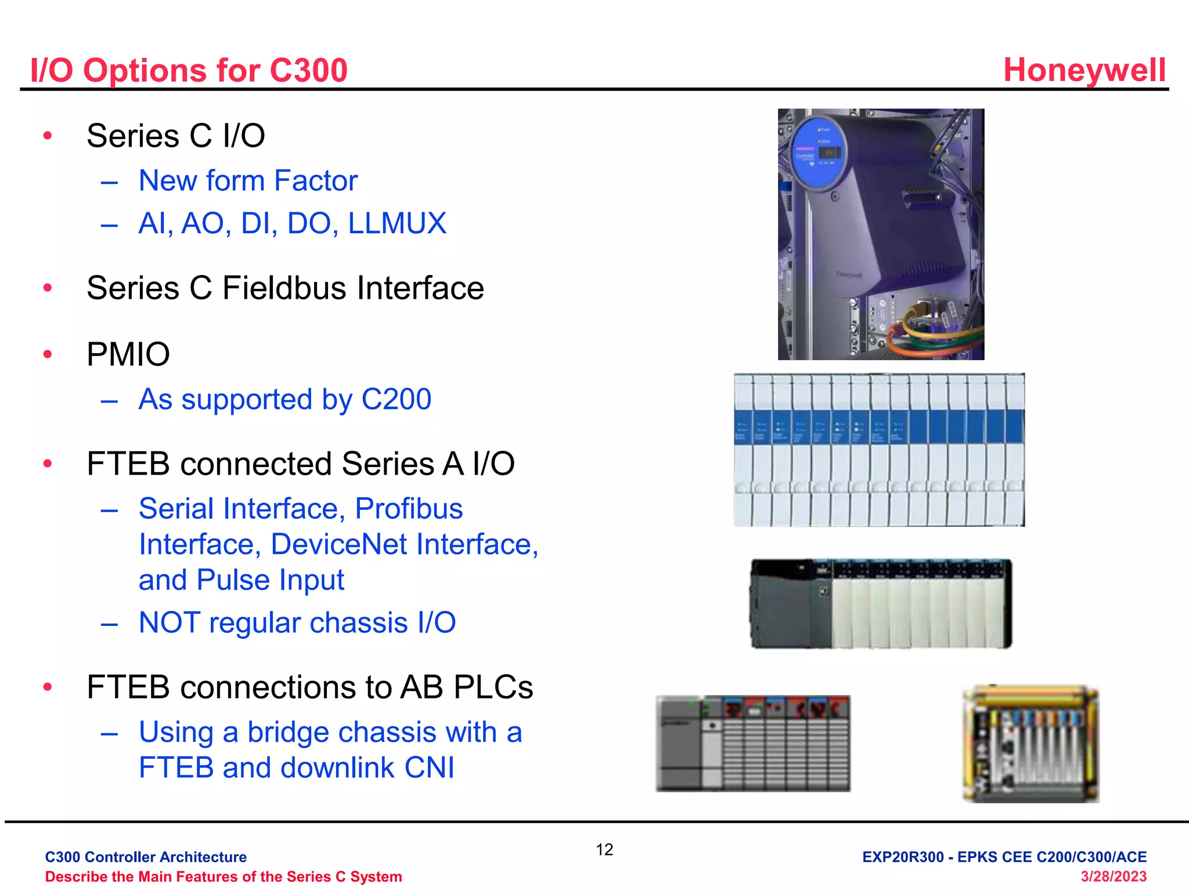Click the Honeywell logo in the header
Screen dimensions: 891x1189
pos(1084,70)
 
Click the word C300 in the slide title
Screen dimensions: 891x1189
pos(308,71)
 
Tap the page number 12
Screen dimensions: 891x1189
pos(604,850)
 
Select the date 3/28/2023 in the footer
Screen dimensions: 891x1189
pos(1113,876)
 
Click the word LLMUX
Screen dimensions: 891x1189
pos(397,223)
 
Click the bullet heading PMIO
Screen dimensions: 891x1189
pos(128,354)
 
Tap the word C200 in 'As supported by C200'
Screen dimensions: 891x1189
pos(396,399)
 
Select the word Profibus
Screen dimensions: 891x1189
pos(409,509)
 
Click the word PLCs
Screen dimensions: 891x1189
pos(493,687)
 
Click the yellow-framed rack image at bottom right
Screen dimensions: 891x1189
pos(1031,744)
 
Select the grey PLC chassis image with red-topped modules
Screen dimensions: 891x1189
pos(753,744)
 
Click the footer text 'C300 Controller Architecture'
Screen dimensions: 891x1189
pos(146,857)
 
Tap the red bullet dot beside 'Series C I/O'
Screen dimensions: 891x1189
pos(48,136)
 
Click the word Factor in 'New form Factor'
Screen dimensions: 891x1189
pos(316,181)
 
